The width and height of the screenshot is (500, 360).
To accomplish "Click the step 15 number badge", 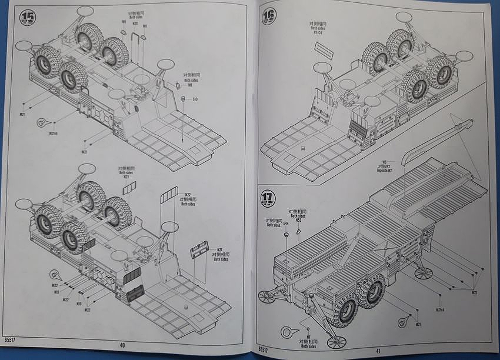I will tap(28, 17).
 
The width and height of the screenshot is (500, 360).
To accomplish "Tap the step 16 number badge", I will tap(269, 16).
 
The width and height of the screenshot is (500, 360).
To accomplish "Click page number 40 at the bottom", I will tap(122, 345).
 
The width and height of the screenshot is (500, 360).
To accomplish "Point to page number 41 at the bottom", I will tap(378, 351).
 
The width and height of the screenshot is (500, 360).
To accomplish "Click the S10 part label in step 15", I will tap(195, 99).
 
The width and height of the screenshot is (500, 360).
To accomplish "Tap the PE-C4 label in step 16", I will tap(318, 34).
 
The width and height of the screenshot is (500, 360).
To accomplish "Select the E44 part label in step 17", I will tap(286, 224).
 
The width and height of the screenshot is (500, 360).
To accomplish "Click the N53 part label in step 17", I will tap(298, 220).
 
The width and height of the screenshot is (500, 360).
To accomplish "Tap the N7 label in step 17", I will tap(308, 337).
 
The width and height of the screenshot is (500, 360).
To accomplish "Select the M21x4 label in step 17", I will tap(440, 310).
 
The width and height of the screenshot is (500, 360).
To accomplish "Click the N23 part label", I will tap(126, 176).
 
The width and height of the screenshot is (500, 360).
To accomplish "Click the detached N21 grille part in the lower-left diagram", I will tap(199, 251).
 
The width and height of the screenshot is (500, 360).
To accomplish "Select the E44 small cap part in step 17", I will tap(286, 234).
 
